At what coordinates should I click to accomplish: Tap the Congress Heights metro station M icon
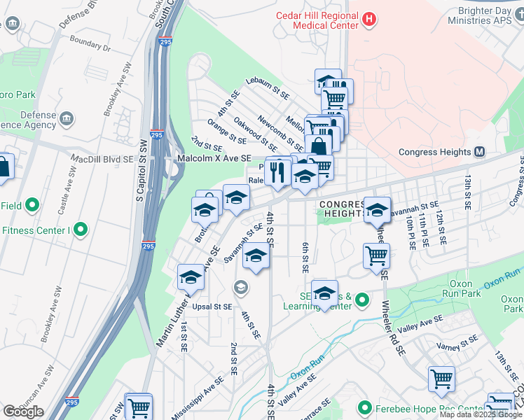pos(480,151)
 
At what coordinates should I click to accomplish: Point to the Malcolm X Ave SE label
pos(213,159)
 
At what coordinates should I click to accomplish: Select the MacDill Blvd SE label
pos(102,159)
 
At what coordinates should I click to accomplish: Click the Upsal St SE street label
pos(211,307)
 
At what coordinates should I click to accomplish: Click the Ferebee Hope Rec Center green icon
pos(364,407)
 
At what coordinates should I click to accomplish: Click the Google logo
pos(23,411)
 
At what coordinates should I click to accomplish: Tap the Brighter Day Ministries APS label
pos(484,15)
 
